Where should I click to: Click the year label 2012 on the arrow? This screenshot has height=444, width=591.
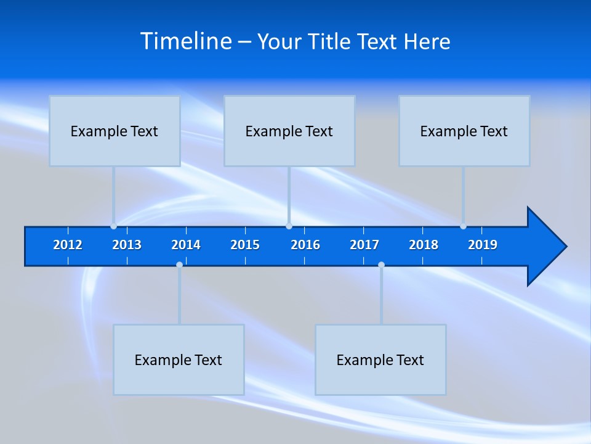68,245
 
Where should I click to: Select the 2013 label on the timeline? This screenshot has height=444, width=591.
127,245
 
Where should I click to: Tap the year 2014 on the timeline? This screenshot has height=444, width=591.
186,245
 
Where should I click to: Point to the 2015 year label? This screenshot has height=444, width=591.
245,245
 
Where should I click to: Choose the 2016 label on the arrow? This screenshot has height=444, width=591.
305,245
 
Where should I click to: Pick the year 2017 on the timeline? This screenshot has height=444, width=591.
364,245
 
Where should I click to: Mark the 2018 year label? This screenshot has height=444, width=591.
424,245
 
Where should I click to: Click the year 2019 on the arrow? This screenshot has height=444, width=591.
483,245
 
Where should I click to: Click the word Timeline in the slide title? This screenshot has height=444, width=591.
186,41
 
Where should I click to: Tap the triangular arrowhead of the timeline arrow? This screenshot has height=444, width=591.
545,246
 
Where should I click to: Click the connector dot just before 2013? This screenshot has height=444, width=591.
113,226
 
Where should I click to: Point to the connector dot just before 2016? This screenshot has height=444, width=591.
289,226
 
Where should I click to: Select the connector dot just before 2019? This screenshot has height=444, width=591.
463,226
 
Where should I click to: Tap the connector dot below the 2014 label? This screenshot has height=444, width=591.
179,265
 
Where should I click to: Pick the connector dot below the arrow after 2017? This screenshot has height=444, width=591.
381,265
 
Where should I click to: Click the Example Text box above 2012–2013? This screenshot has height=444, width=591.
115,131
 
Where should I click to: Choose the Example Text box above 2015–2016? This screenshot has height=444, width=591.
289,131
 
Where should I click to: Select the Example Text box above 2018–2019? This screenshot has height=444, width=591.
464,131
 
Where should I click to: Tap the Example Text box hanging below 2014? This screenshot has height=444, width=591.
179,360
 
